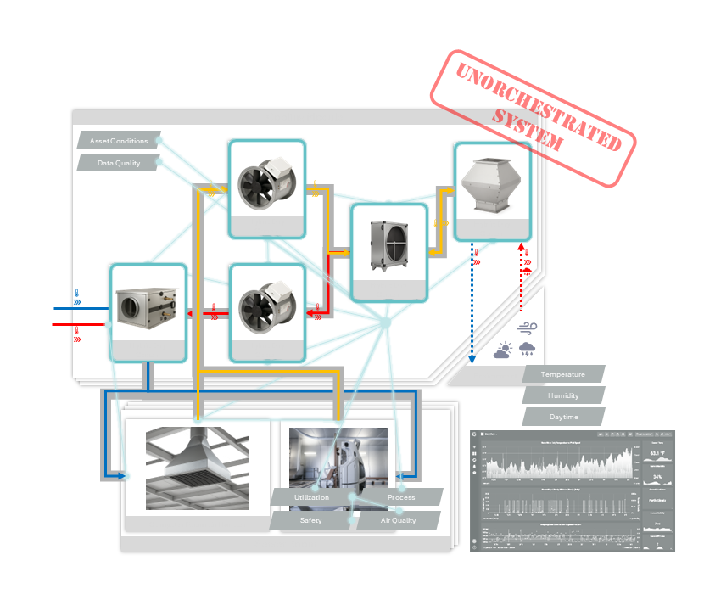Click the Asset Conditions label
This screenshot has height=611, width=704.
[119, 141]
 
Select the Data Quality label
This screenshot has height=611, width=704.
[119, 163]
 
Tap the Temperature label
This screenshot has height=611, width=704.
[563, 374]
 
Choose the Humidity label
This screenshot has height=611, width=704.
[563, 395]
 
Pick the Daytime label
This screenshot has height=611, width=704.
[563, 417]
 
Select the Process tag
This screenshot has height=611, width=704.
[400, 497]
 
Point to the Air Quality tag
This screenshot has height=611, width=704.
[398, 520]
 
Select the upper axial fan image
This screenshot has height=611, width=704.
[266, 184]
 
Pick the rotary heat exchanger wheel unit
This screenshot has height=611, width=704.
[389, 246]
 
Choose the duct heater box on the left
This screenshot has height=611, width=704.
[148, 305]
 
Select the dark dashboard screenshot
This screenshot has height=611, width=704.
[573, 490]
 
